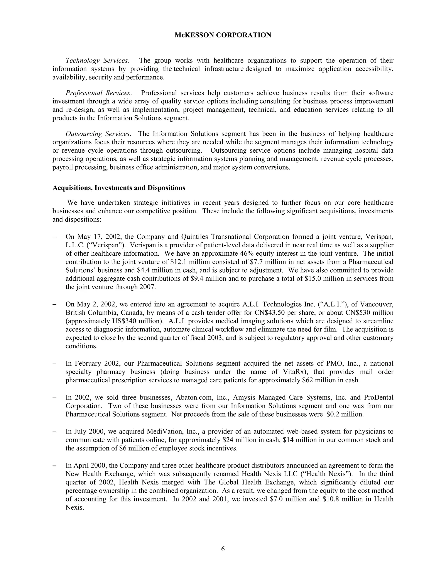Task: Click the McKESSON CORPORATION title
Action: [x=223, y=35]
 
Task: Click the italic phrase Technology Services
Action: [x=97, y=61]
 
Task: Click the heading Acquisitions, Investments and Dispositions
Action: [x=119, y=188]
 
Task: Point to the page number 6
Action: [x=223, y=549]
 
